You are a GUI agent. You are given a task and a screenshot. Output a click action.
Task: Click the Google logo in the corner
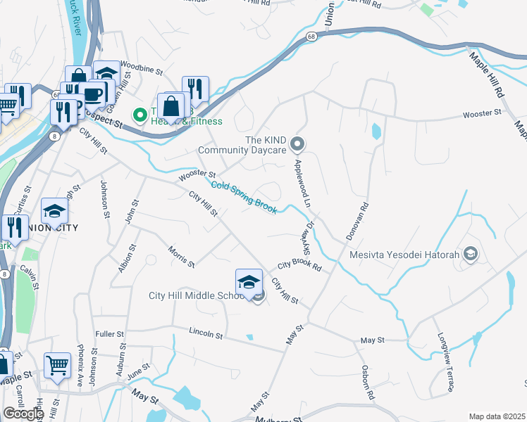(23, 414)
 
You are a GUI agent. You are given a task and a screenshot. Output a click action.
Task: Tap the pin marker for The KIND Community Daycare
(297, 145)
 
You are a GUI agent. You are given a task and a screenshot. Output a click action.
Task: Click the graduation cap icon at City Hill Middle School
(248, 283)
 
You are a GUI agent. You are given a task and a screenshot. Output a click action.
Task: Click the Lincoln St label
(206, 332)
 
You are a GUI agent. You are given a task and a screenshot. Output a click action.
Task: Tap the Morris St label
(181, 257)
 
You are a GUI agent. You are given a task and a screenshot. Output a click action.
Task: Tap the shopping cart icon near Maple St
(57, 365)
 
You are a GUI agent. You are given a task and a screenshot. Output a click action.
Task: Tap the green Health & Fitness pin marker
(139, 113)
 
